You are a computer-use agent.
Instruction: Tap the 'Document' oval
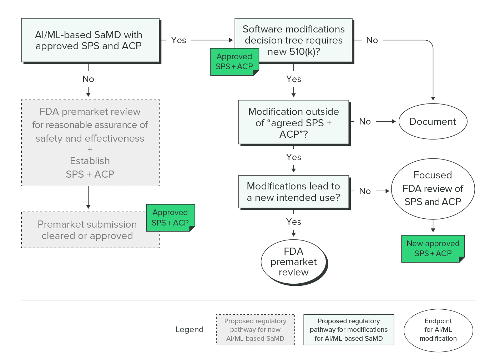tap(433, 122)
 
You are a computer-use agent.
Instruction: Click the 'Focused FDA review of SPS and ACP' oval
tap(433, 188)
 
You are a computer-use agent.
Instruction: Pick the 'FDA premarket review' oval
tap(293, 262)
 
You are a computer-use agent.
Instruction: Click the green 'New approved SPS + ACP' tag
tap(433, 249)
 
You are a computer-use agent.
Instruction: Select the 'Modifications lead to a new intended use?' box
tap(293, 192)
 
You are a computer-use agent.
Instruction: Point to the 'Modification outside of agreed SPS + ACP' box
tap(293, 122)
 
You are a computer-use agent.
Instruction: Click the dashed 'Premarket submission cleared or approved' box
tap(87, 230)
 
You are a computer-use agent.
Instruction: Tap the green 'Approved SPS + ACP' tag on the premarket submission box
tap(170, 218)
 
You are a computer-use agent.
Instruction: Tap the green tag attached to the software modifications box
tap(234, 62)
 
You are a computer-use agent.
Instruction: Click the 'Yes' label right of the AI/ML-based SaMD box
tap(178, 40)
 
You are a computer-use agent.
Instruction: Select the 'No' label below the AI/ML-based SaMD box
tap(88, 79)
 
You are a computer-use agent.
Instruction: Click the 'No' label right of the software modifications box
tap(372, 40)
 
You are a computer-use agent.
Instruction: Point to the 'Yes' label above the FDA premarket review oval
tap(293, 222)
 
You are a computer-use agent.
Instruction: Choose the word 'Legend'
tap(189, 330)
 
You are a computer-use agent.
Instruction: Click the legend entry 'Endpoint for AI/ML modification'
tap(438, 330)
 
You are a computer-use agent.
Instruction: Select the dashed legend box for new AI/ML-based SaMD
tap(255, 330)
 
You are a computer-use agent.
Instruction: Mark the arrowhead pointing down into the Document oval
tap(433, 98)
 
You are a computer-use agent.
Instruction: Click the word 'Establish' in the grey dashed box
tap(90, 161)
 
